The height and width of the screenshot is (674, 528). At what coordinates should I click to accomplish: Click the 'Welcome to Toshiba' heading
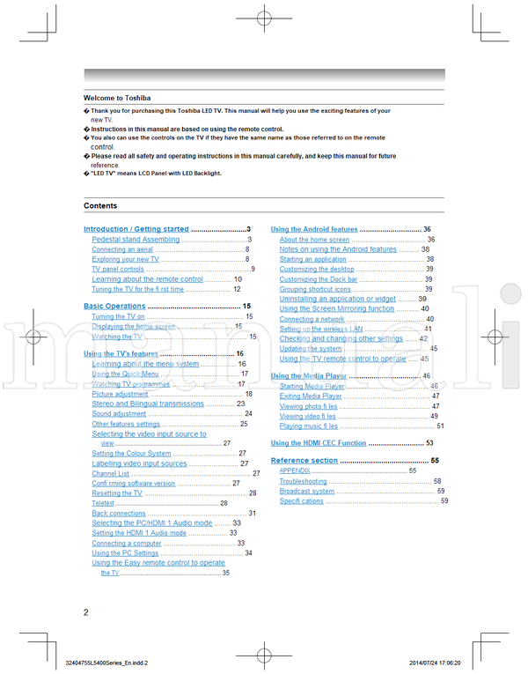pos(117,98)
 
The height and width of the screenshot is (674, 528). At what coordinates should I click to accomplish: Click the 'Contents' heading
pos(100,205)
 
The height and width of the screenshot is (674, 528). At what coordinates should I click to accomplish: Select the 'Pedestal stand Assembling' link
pos(136,239)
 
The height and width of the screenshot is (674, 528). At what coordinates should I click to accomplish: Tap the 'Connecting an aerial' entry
pos(121,249)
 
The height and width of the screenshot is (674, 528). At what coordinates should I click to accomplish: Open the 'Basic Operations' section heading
pos(114,306)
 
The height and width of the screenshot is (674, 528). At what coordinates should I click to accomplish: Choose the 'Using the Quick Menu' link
pos(125,374)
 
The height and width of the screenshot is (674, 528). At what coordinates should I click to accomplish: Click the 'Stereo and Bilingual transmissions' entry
pos(148,404)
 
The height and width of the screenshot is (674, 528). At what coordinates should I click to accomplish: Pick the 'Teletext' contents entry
pos(103,503)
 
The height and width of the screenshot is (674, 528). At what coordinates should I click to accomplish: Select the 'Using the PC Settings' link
pos(125,553)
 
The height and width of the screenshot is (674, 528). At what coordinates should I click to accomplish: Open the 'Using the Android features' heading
pos(314,229)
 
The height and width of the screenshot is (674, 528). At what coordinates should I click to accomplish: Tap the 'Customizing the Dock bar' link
pos(319,279)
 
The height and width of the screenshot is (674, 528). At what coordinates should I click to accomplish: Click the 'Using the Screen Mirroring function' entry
pos(336,309)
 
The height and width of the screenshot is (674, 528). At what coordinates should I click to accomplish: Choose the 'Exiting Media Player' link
pos(311,396)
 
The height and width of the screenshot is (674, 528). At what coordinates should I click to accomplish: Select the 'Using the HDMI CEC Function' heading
pos(319,443)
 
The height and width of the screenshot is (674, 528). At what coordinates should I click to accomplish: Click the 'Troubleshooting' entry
pos(303,481)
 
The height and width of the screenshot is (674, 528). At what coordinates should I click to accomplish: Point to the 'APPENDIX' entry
pos(295,471)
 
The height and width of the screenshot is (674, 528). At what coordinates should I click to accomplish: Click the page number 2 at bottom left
pos(86,612)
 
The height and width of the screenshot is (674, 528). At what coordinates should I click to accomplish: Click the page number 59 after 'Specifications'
pos(444,501)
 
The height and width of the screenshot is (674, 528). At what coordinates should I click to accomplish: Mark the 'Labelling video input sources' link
pos(139,463)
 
